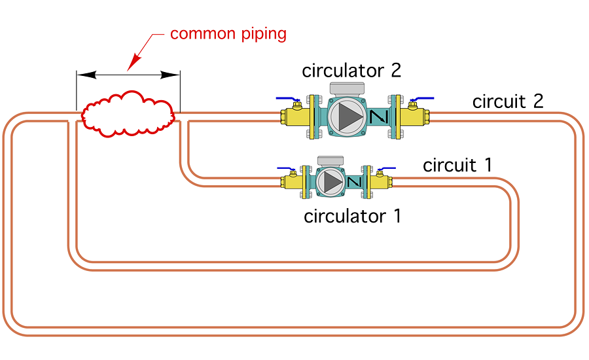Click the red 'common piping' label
(x=228, y=33)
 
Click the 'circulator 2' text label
(x=351, y=71)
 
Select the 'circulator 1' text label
(x=352, y=216)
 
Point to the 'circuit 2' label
(x=508, y=101)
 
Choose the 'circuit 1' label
(x=457, y=165)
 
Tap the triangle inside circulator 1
(x=333, y=181)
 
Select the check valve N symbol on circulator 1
(x=355, y=181)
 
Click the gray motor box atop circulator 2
(x=351, y=88)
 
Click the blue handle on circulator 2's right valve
(x=423, y=99)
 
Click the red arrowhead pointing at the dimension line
(x=134, y=63)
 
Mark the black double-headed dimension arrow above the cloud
(x=128, y=75)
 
